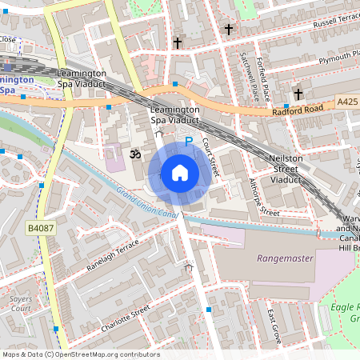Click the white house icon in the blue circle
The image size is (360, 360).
[180, 173]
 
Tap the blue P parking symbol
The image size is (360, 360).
[189, 142]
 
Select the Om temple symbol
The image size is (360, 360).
[134, 151]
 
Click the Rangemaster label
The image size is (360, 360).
[284, 258]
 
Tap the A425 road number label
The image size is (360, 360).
[347, 102]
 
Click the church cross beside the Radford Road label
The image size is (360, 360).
[298, 94]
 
